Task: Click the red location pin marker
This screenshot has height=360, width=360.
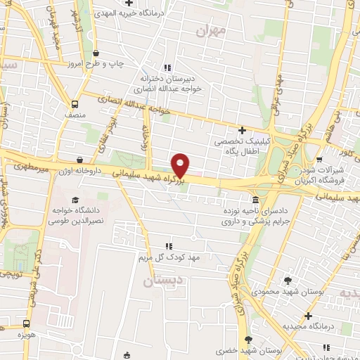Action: [181, 165]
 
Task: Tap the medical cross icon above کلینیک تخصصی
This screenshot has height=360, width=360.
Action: [242, 130]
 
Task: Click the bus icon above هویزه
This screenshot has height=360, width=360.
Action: [26, 324]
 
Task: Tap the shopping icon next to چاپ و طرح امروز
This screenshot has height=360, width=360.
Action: [96, 53]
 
